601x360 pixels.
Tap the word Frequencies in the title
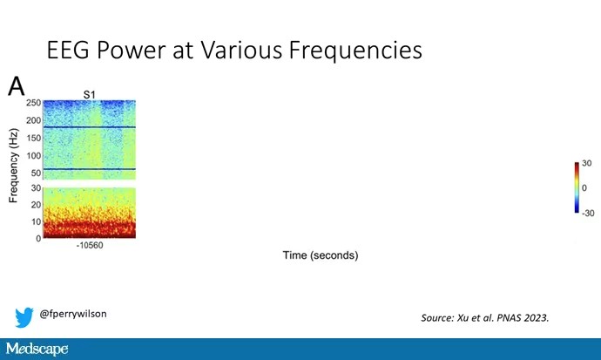click(355, 51)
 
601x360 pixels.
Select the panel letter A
click(16, 86)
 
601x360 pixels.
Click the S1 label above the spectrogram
click(90, 94)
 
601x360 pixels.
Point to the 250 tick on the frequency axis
click(33, 103)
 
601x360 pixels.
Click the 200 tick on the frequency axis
click(33, 120)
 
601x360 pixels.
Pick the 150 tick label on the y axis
click(33, 138)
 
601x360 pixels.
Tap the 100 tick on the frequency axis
click(33, 156)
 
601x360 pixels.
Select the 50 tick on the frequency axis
click(36, 173)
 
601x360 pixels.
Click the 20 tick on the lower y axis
click(36, 205)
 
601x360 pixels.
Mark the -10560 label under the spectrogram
click(90, 245)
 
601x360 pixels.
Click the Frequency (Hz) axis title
click(13, 166)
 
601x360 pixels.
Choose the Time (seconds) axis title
click(321, 255)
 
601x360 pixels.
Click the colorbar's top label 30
click(586, 163)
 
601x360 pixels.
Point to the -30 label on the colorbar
click(588, 214)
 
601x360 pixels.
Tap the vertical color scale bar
click(577, 187)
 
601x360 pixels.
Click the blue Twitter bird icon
click(24, 317)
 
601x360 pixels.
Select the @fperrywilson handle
click(73, 314)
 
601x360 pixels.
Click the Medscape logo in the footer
click(37, 349)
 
